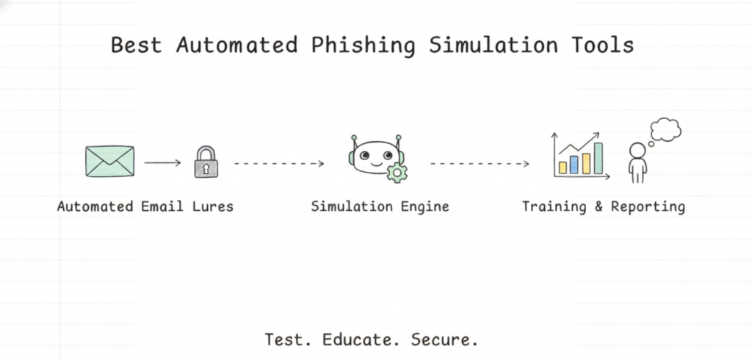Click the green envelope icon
pos(109,161)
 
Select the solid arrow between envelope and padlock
pos(162,162)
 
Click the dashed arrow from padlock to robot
pos(279,163)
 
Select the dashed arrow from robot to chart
pos(480,163)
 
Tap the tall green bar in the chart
pos(598,158)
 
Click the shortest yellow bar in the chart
pos(563,168)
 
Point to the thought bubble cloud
pos(665,129)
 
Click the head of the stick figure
pos(637,151)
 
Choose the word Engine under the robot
pos(424,206)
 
